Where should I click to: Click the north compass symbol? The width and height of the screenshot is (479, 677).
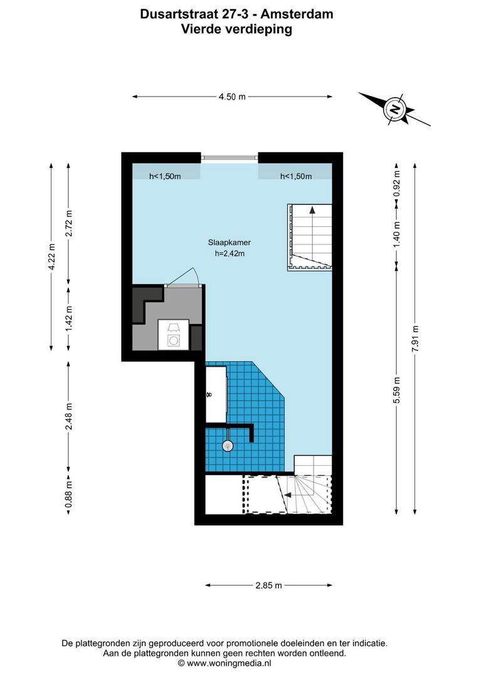click(394, 109)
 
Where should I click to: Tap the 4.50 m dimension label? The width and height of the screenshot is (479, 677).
click(231, 97)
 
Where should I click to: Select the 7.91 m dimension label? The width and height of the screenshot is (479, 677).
click(414, 338)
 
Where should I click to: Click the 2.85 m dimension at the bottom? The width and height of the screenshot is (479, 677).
click(268, 585)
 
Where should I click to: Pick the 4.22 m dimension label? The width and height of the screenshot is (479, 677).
click(52, 256)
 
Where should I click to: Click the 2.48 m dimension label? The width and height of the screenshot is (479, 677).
click(68, 416)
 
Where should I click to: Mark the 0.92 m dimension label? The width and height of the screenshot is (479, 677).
click(396, 184)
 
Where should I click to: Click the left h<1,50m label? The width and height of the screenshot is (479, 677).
click(165, 177)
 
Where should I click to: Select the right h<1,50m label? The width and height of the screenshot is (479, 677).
click(296, 177)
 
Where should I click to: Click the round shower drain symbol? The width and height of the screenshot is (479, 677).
click(228, 445)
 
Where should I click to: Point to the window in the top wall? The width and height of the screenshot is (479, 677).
click(229, 157)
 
